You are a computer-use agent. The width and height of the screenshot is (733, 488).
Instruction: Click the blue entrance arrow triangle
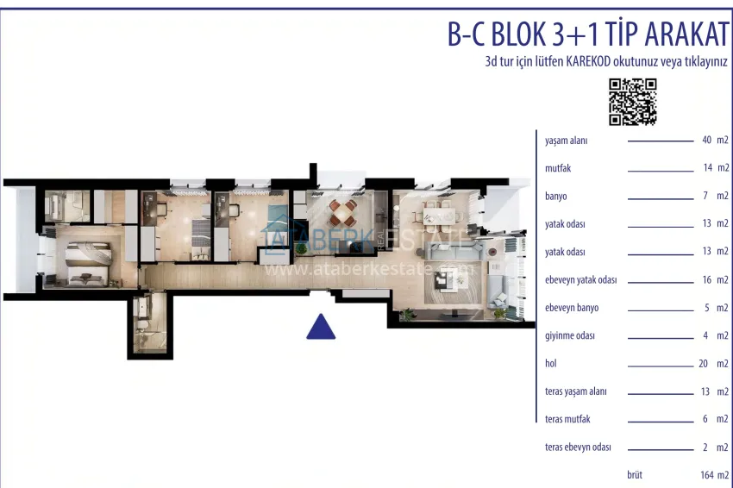[321, 328]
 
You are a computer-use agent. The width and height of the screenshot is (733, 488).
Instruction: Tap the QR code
[633, 101]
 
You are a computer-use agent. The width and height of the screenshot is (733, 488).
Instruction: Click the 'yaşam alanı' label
[567, 141]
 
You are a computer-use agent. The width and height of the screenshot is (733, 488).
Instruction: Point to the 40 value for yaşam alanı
[707, 140]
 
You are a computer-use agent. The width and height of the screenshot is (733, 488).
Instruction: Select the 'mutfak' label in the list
[559, 168]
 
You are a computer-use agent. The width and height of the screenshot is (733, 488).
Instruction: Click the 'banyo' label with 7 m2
[556, 196]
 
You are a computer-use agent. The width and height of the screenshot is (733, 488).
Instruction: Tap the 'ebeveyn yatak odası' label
[581, 280]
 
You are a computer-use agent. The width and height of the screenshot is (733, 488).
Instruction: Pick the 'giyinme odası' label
[570, 335]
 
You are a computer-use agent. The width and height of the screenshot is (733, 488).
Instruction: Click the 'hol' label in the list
[552, 363]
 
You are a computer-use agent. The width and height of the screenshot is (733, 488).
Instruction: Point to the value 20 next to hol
[703, 363]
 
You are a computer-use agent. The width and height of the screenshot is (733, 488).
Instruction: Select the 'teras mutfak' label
[568, 419]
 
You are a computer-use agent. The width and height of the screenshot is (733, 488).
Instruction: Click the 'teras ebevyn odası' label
[579, 447]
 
